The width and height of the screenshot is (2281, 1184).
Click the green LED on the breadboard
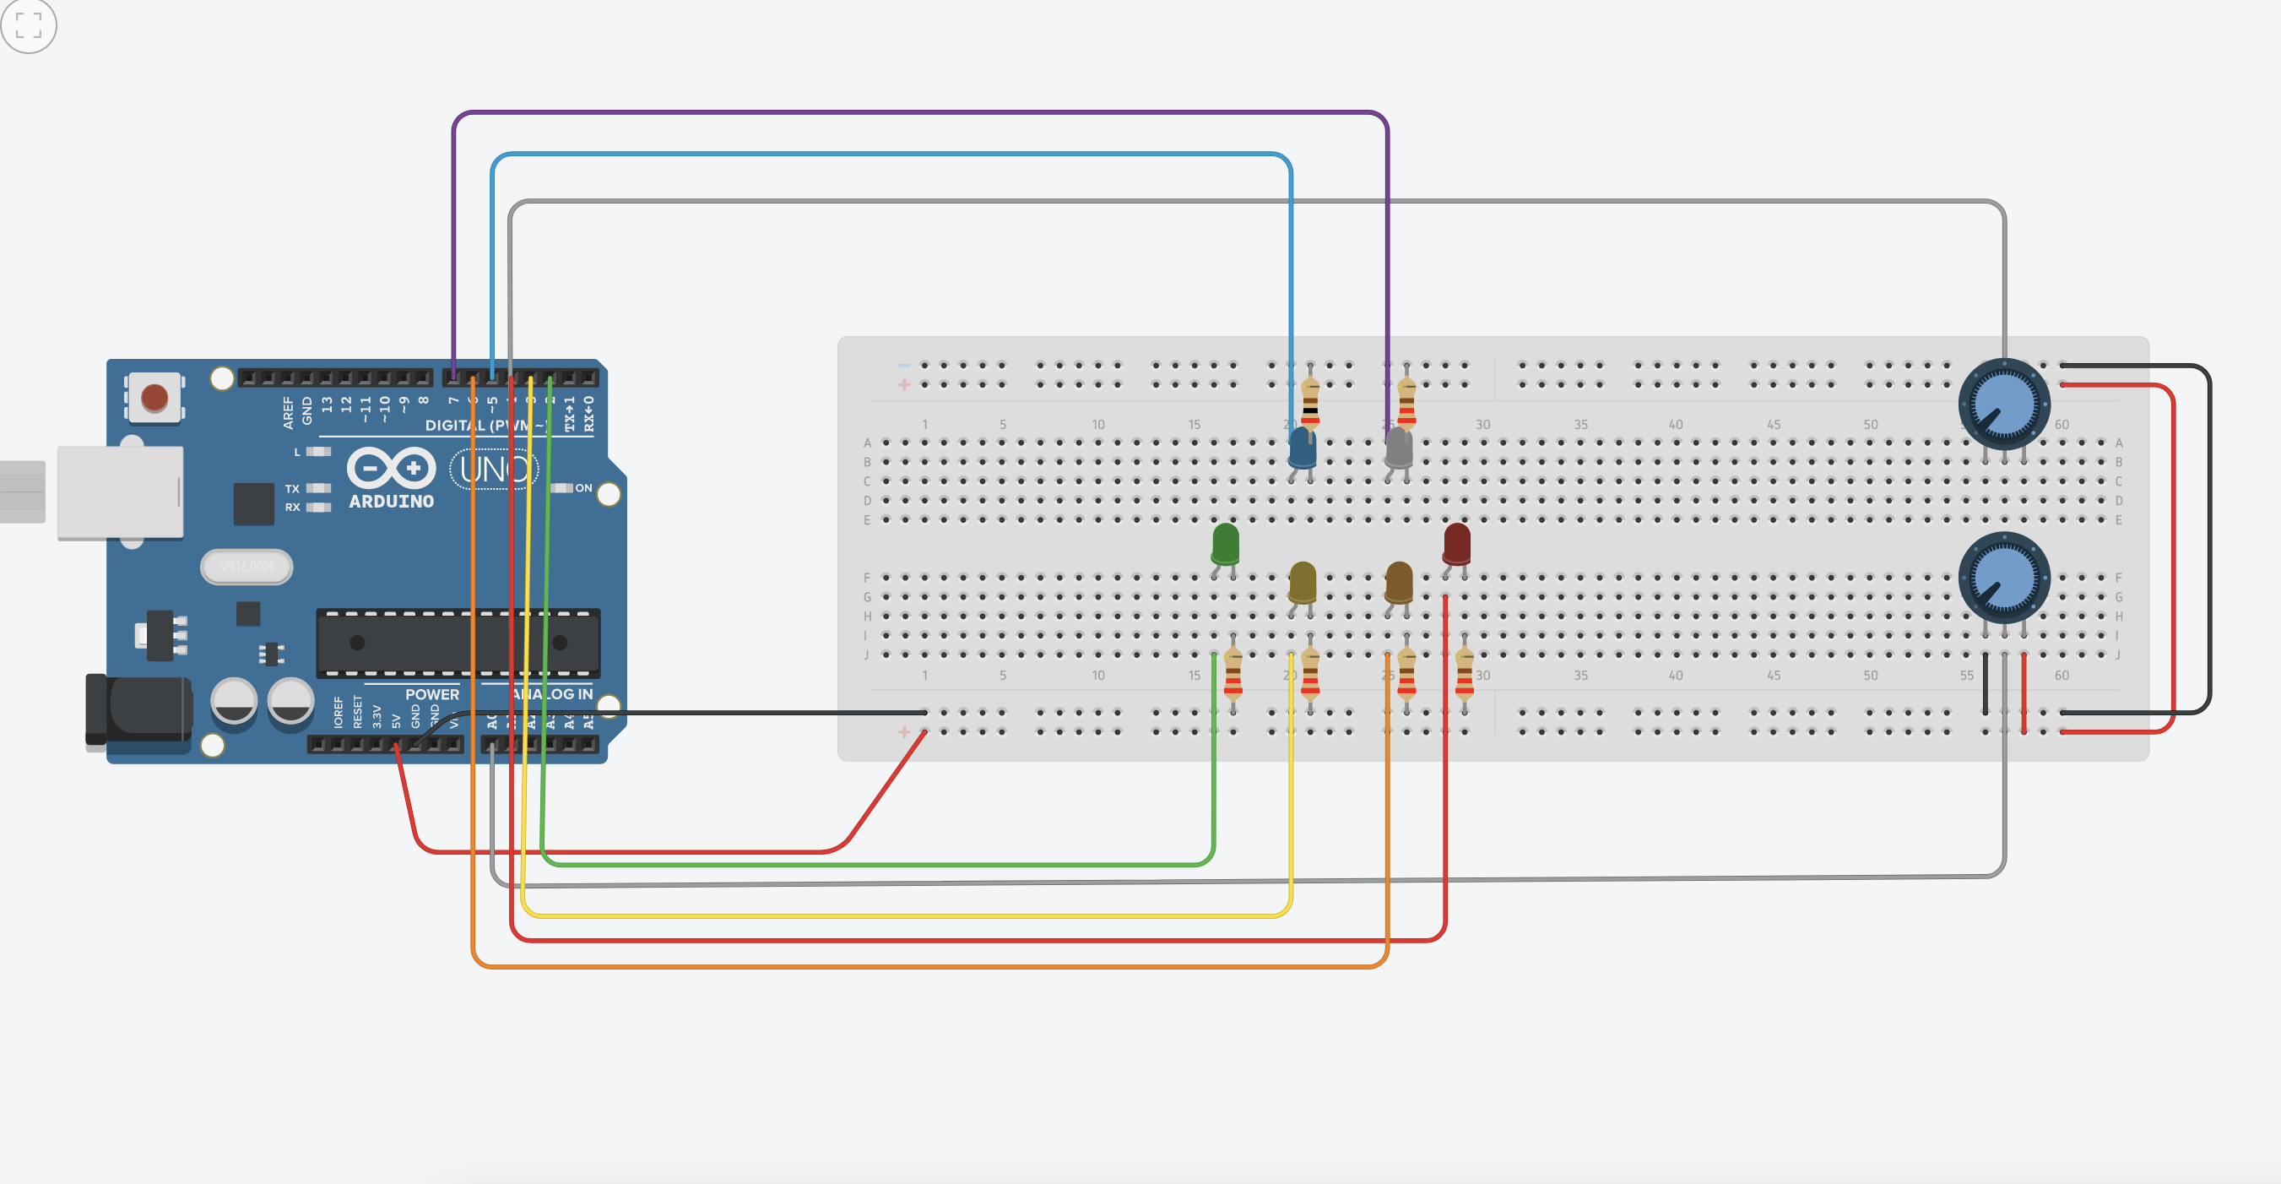coord(1225,544)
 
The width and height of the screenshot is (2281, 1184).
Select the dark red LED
coord(1455,543)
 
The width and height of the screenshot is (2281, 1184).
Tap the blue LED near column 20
coord(1302,448)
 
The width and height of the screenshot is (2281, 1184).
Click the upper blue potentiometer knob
coord(2004,404)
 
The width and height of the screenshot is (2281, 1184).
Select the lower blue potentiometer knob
coord(2004,578)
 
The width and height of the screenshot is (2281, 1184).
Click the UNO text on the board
coord(493,470)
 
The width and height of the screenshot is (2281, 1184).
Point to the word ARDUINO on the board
coord(391,502)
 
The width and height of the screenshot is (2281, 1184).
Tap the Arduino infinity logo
coord(391,468)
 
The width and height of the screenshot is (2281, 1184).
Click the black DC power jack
coord(139,709)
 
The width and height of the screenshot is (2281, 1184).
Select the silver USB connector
coord(120,492)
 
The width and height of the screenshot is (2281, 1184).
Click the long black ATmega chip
coord(458,642)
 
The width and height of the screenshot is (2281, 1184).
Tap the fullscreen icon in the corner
coord(29,25)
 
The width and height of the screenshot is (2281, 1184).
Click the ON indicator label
coord(583,488)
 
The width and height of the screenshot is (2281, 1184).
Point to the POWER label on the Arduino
coord(431,694)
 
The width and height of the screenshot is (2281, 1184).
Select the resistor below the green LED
coord(1233,675)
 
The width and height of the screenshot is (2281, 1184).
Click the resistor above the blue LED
coord(1309,401)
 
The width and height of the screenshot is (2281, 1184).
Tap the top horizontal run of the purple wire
coord(921,112)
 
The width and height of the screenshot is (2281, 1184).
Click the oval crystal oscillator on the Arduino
coord(247,567)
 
